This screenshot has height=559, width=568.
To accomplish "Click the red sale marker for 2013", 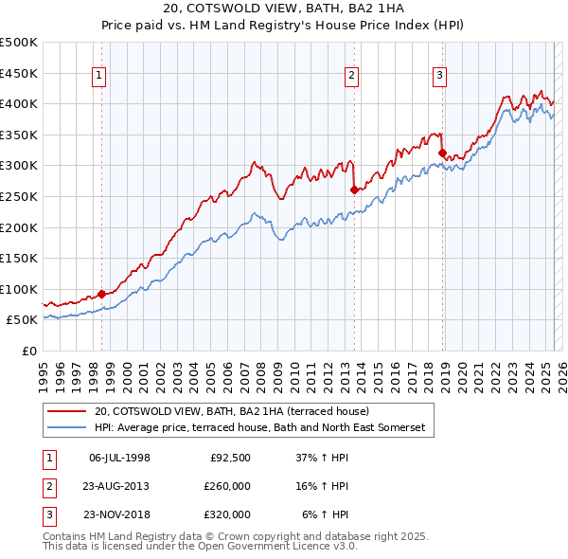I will [x=353, y=189].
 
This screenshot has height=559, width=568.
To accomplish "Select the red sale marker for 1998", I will [x=101, y=294].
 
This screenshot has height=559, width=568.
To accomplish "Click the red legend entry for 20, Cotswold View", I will [x=238, y=411].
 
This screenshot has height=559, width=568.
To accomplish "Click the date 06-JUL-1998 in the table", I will [x=119, y=458].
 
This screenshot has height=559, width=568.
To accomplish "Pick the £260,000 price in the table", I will [x=227, y=486].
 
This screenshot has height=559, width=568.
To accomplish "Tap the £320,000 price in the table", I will [x=227, y=514].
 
